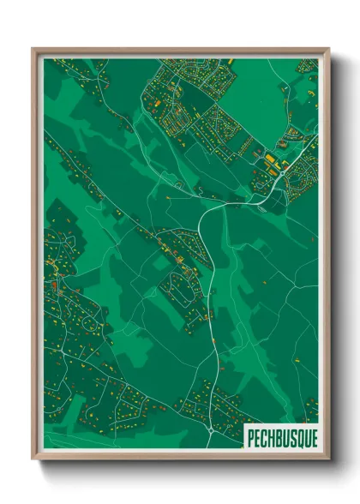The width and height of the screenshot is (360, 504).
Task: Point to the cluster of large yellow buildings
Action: click(x=269, y=161)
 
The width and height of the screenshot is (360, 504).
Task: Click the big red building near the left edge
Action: click(x=53, y=283)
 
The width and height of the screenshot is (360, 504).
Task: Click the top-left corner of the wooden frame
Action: click(x=33, y=48)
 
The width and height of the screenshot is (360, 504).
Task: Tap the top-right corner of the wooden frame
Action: click(x=329, y=48)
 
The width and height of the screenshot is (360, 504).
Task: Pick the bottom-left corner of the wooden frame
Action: click(x=33, y=460)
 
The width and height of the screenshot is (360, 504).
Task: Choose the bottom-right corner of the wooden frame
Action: click(x=329, y=460)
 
